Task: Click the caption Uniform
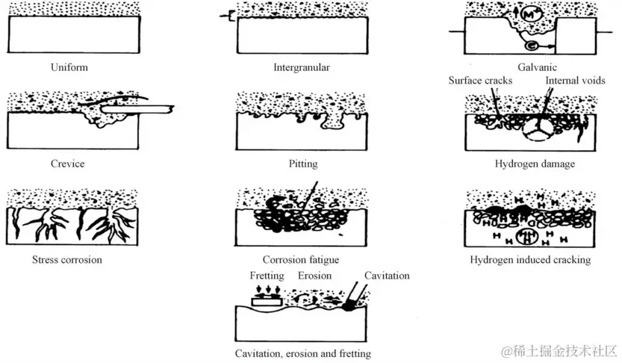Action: (69, 67)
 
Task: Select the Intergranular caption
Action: (302, 67)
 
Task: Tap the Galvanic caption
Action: (535, 67)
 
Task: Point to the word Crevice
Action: (69, 164)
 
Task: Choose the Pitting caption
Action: (302, 164)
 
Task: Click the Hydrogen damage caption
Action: (535, 164)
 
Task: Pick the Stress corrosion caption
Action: (67, 260)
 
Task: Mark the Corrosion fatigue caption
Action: (302, 260)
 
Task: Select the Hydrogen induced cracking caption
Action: (530, 260)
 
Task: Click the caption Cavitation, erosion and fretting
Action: (302, 353)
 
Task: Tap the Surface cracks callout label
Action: (480, 80)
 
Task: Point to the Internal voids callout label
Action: (575, 80)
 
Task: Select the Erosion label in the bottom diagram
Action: (314, 276)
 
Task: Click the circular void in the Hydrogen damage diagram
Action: (533, 132)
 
